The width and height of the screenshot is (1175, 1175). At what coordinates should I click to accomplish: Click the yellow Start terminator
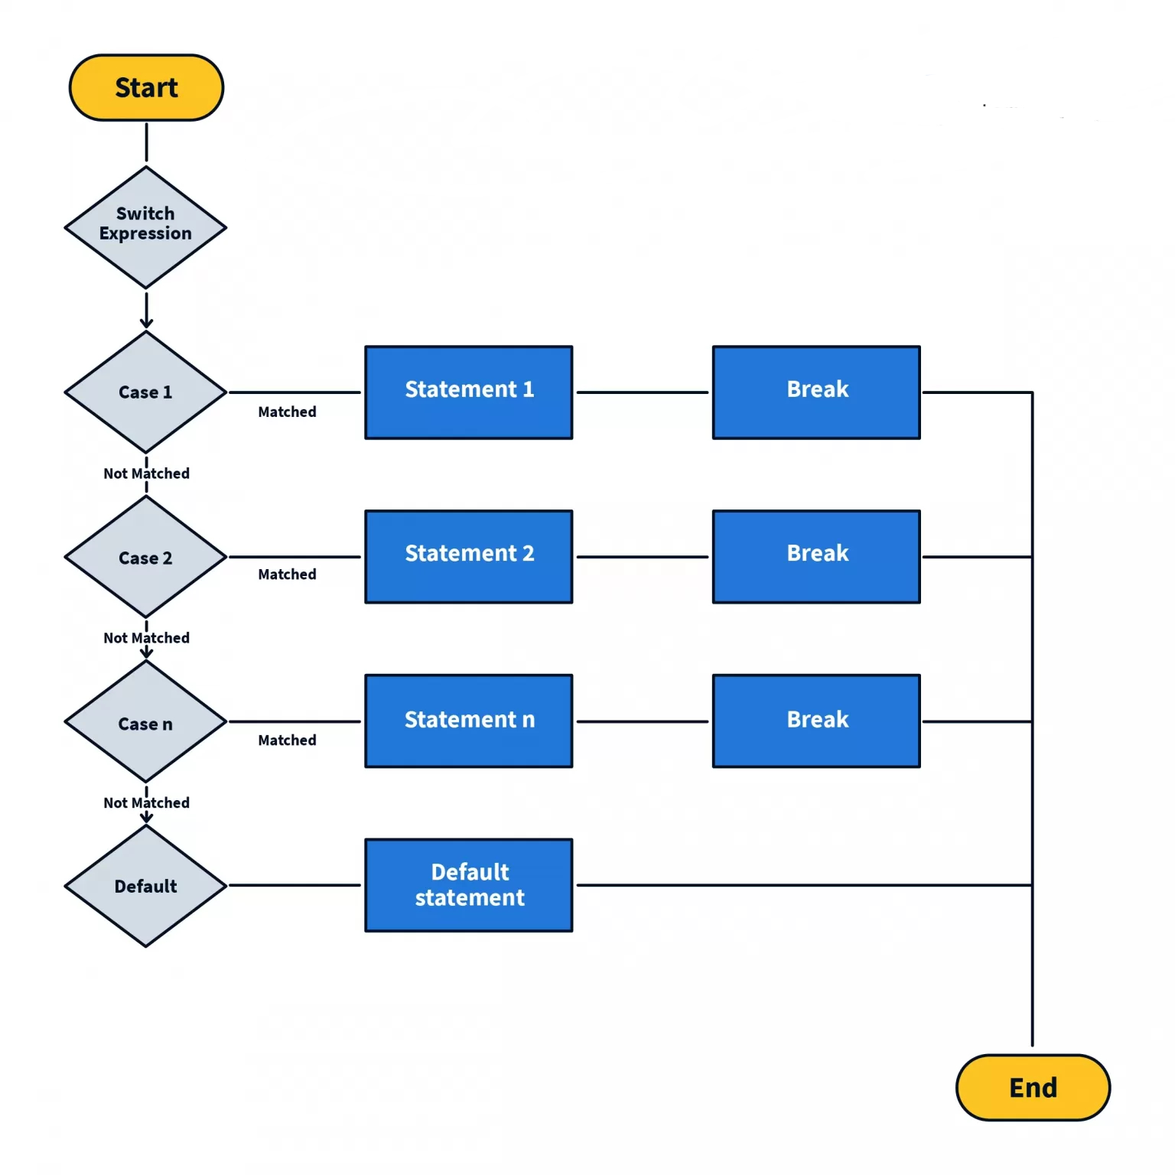click(x=146, y=88)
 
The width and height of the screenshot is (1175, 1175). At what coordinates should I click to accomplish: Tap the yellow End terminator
click(x=1033, y=1087)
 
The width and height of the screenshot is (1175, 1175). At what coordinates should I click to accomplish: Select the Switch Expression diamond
click(x=145, y=227)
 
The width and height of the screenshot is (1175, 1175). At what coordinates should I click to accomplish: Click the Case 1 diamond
click(x=145, y=392)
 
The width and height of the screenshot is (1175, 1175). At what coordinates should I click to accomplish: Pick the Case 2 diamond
click(x=145, y=557)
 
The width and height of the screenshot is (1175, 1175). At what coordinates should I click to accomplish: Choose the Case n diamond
click(x=145, y=722)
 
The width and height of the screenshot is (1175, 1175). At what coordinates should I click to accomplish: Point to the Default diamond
click(x=145, y=886)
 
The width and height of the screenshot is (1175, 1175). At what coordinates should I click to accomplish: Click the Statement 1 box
click(x=469, y=392)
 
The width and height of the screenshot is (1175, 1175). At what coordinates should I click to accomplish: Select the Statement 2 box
click(x=469, y=556)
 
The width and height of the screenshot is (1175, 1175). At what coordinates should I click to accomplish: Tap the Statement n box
click(x=469, y=721)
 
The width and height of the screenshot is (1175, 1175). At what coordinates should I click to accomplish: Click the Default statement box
click(x=469, y=885)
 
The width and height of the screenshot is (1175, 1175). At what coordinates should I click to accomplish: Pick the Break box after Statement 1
click(x=816, y=392)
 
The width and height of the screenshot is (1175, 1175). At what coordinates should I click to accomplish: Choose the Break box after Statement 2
click(x=816, y=556)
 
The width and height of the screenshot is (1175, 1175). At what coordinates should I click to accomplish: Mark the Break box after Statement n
click(x=816, y=721)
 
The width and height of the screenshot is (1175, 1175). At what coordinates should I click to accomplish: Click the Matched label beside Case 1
click(x=287, y=412)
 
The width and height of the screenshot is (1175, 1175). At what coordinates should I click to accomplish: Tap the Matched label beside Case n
click(x=287, y=740)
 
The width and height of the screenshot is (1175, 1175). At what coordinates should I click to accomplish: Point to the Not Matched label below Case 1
click(x=146, y=474)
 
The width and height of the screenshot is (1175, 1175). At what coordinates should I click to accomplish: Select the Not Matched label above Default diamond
click(x=146, y=802)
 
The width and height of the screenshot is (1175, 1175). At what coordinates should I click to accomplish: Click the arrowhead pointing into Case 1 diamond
click(x=146, y=324)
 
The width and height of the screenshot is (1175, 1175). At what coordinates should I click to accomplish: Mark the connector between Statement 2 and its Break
click(x=643, y=557)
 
